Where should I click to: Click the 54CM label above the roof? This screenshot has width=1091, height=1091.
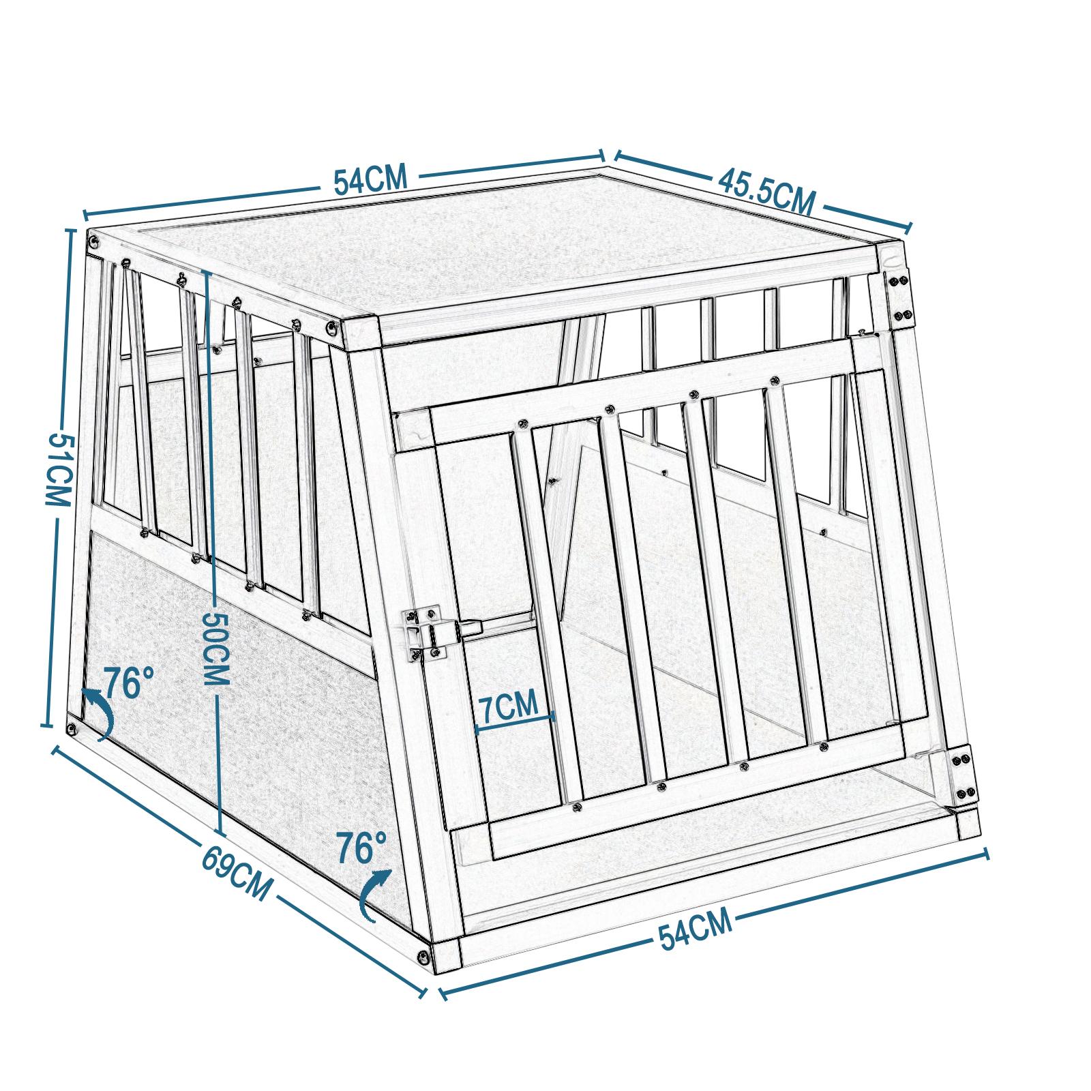pos(370,179)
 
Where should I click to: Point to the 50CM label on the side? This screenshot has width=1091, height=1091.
pos(217,648)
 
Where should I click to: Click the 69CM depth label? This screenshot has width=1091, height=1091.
pos(237,873)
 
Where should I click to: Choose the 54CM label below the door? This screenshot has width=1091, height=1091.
pos(696,929)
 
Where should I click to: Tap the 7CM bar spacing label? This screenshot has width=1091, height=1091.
pos(509,707)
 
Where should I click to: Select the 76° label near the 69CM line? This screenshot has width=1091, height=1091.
pos(361,848)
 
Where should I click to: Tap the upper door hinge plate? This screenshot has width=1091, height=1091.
pos(899,298)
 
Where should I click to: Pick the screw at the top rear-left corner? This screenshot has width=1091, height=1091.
pos(93,240)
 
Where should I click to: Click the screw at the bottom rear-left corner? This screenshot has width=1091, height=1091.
pos(72,728)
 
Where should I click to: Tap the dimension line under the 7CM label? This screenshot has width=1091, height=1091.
pos(515,723)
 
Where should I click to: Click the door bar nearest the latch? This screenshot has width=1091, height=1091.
pos(545,614)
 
